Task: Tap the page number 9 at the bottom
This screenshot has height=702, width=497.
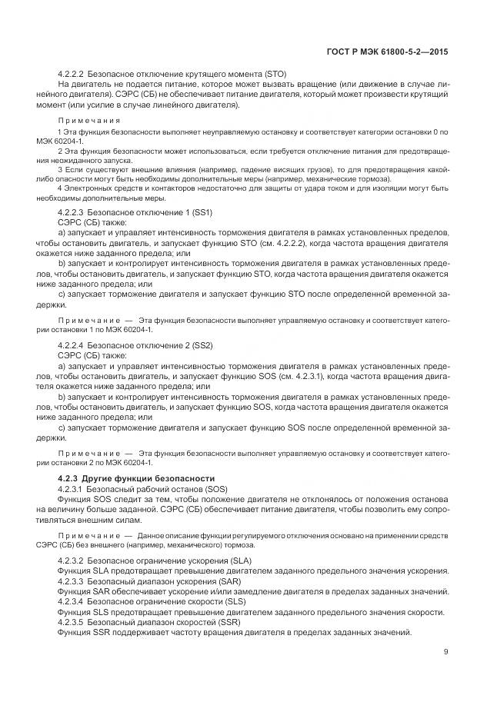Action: [445, 652]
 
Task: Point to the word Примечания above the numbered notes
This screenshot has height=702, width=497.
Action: [89, 121]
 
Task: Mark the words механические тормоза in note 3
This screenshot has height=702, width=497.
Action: [350, 178]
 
